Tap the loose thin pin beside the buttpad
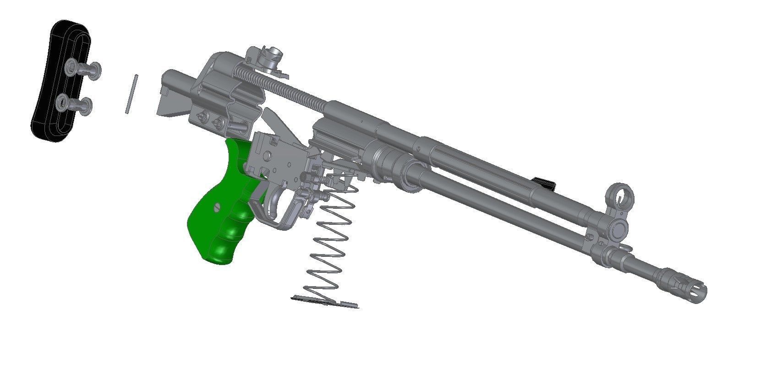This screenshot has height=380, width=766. pos(131,94)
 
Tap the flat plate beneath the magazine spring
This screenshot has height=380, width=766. pos(325,302)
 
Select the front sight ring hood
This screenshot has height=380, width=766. pos(618,194)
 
